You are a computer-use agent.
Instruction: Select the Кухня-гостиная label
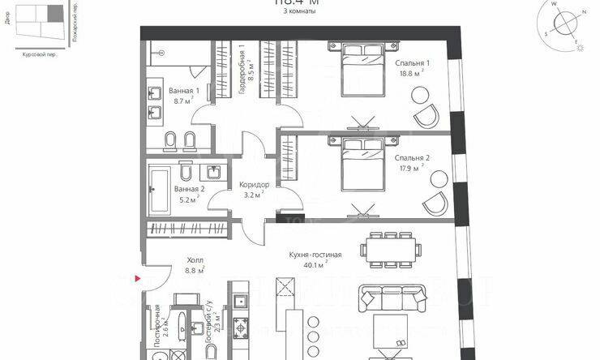[315, 255]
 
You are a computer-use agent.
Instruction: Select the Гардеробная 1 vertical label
[242, 71]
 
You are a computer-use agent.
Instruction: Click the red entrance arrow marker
[139, 278]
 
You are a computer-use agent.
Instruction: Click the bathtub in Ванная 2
[161, 188]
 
